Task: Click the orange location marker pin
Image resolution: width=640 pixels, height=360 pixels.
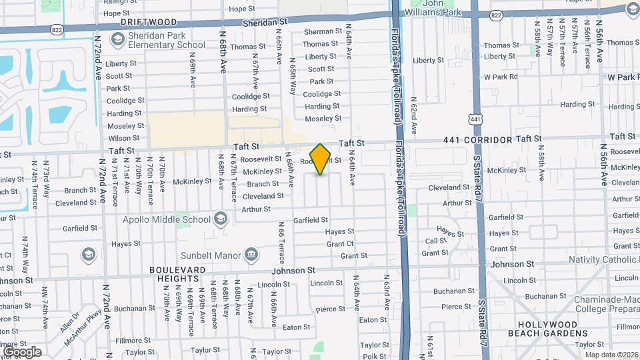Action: [321, 159]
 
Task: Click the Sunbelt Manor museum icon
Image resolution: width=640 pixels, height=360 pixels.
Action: [251, 253]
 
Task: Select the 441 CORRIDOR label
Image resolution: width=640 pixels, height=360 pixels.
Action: [478, 140]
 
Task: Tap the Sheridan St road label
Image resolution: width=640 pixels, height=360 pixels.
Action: [265, 22]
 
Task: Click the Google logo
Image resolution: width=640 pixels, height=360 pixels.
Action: [21, 352]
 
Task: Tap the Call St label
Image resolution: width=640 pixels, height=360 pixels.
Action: [435, 241]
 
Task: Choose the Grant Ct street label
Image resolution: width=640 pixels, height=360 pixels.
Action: [340, 244]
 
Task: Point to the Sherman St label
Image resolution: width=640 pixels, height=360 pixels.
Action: [322, 32]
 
